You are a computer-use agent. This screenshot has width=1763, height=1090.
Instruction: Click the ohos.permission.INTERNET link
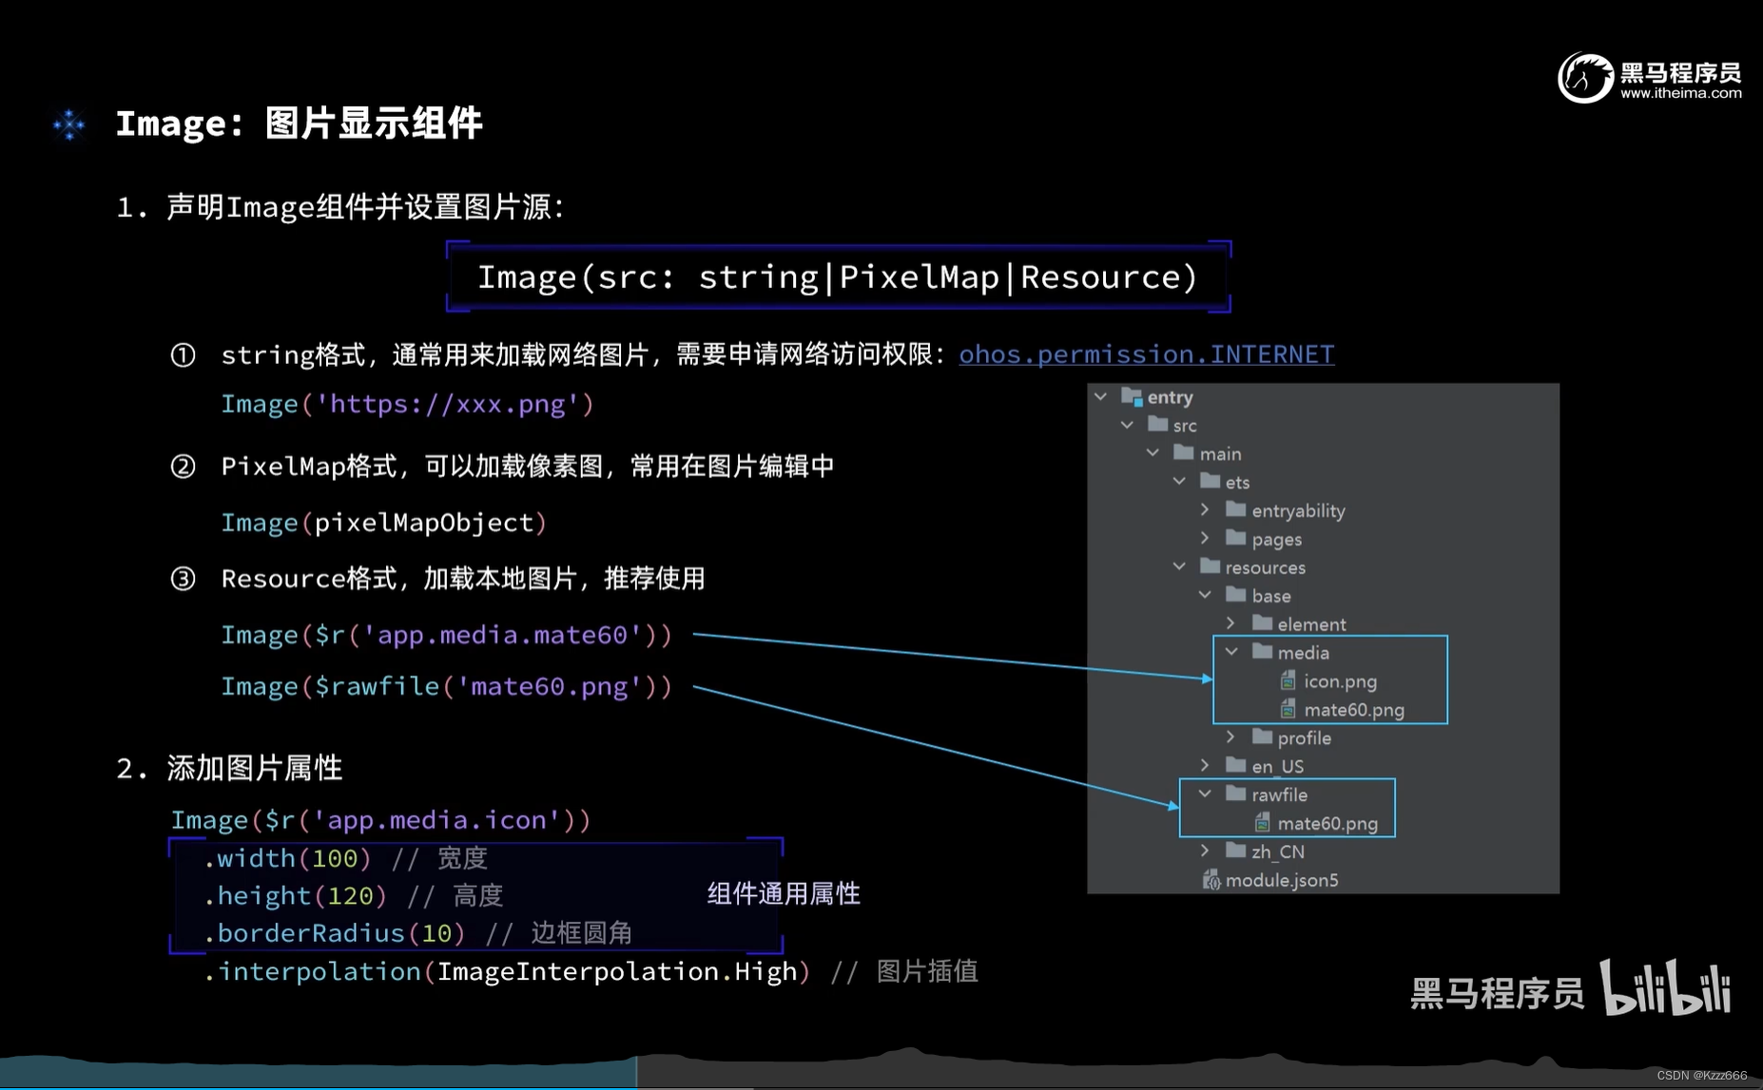(1146, 354)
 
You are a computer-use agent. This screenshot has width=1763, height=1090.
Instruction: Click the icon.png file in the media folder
(1339, 681)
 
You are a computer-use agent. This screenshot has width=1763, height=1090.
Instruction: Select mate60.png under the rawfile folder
(1327, 824)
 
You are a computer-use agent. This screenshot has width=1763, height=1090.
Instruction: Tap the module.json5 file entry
(1280, 881)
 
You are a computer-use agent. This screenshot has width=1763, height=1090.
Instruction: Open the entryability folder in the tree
(1297, 511)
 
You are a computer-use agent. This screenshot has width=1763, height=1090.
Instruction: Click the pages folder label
(1276, 540)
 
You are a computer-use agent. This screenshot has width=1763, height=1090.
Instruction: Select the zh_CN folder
(1277, 852)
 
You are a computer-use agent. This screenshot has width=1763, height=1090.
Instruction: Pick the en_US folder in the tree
(1277, 767)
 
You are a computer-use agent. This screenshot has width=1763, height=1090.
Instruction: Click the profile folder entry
(1303, 738)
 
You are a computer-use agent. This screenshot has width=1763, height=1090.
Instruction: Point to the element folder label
(1310, 624)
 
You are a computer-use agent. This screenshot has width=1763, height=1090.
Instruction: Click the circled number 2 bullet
(183, 467)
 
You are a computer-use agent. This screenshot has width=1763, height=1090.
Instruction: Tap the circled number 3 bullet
(183, 579)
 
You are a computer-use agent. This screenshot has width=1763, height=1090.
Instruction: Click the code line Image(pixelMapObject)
(383, 523)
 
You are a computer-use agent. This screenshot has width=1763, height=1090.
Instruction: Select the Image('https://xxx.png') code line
(407, 405)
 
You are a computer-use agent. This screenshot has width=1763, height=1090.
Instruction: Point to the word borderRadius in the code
(311, 933)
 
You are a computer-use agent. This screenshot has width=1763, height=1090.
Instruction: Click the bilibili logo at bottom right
(1665, 988)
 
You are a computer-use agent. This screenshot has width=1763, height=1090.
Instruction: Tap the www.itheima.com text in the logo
(1680, 93)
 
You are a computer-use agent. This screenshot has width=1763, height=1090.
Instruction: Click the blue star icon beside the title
(68, 124)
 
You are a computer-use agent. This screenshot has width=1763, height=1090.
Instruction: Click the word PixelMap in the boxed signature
(919, 277)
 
